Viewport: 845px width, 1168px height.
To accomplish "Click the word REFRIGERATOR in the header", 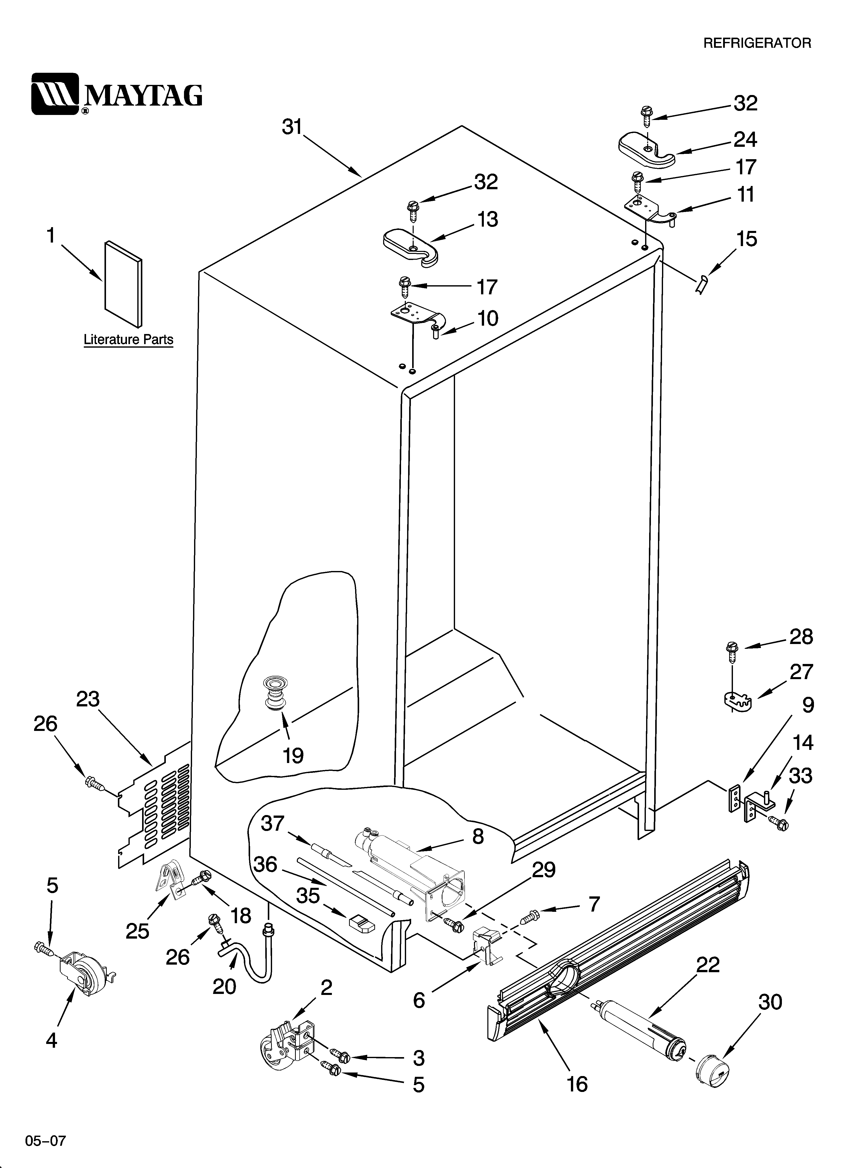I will click(757, 43).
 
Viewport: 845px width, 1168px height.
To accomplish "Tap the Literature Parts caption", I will click(128, 340).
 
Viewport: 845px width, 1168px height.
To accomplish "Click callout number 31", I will click(292, 127).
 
